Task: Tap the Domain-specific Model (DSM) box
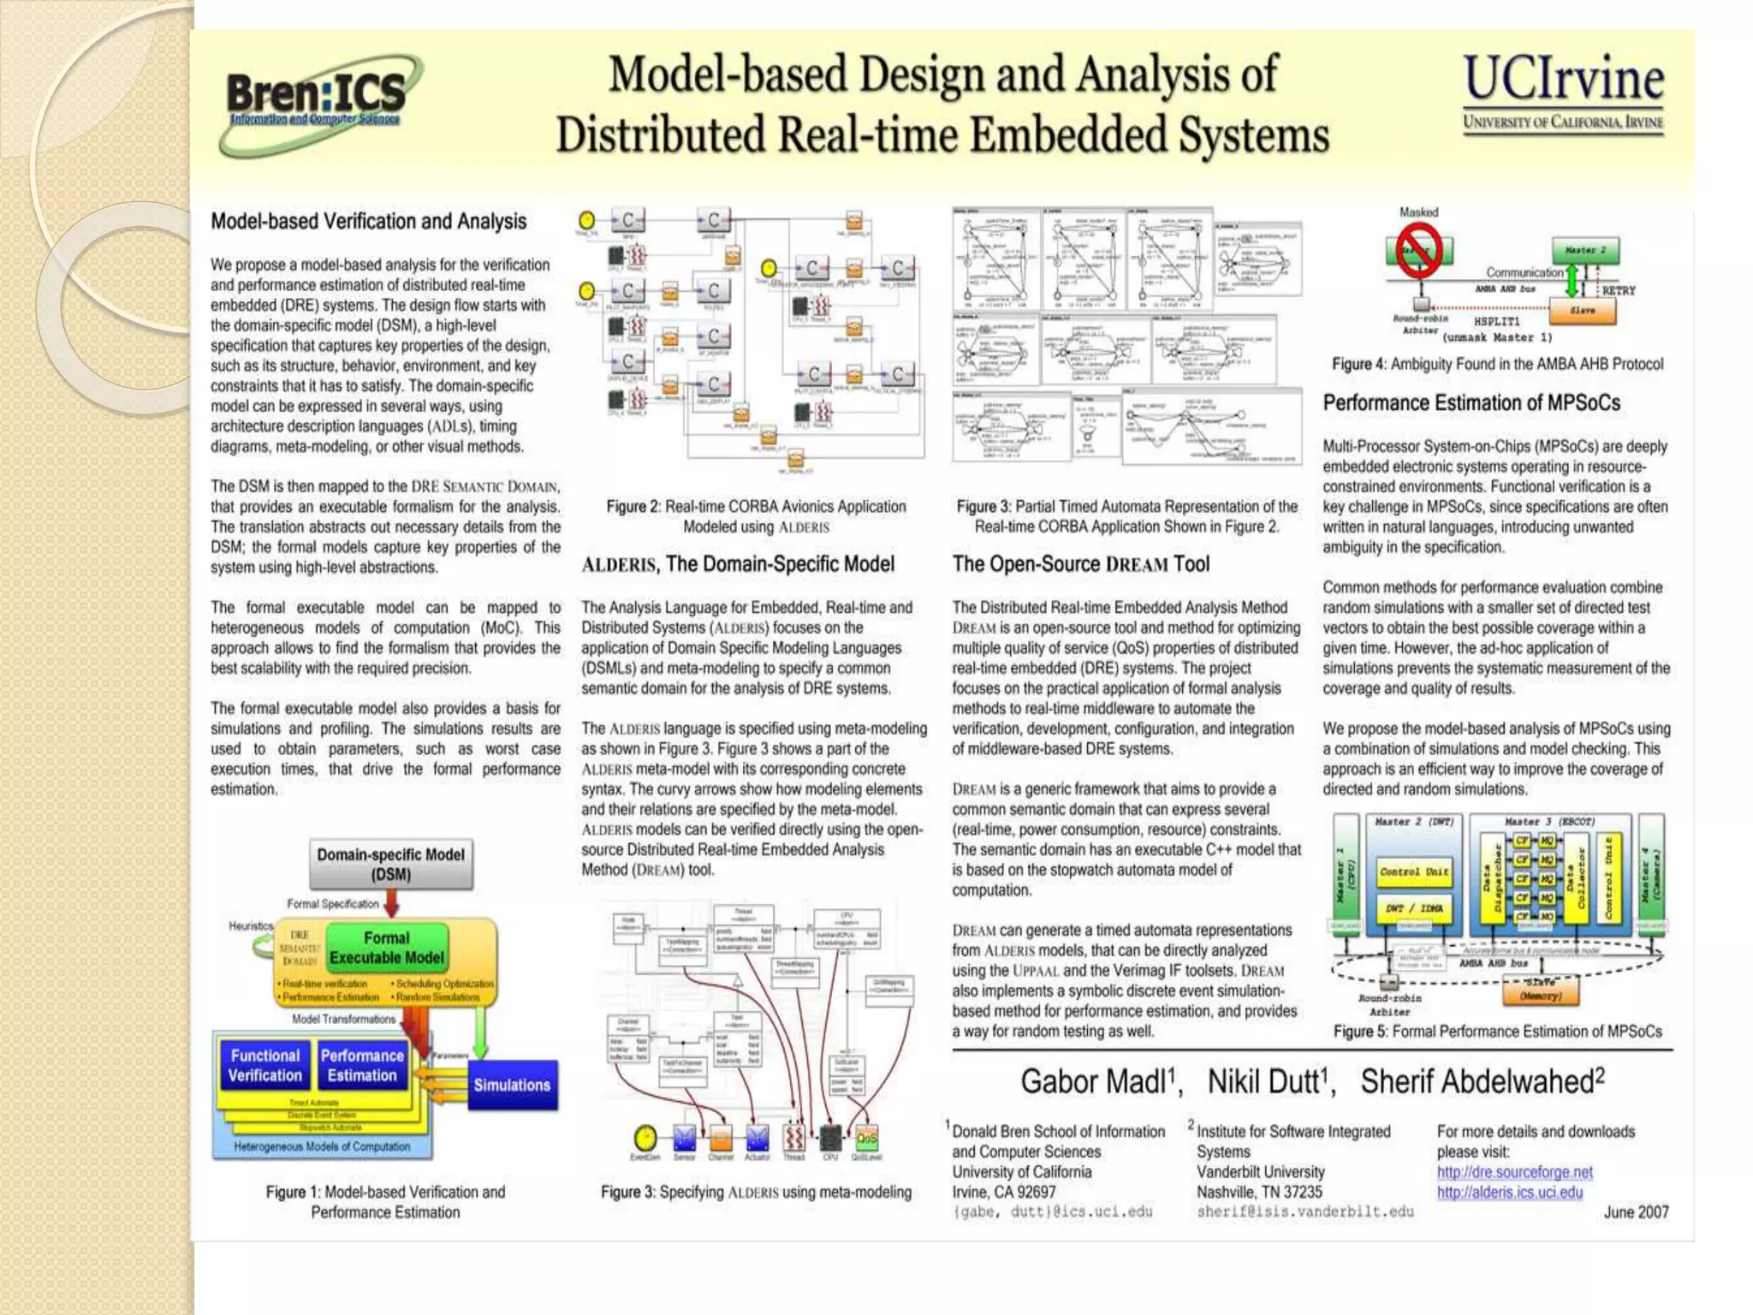pyautogui.click(x=390, y=865)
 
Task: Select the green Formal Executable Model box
pyautogui.click(x=386, y=948)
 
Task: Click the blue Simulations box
pyautogui.click(x=512, y=1085)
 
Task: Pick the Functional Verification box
pyautogui.click(x=265, y=1066)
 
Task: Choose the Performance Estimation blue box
pyautogui.click(x=362, y=1066)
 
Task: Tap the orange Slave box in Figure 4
pyautogui.click(x=1582, y=311)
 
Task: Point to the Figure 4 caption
pyautogui.click(x=1497, y=364)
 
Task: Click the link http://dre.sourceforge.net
pyautogui.click(x=1514, y=1172)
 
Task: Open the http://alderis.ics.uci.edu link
pyautogui.click(x=1509, y=1193)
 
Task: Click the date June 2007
pyautogui.click(x=1636, y=1212)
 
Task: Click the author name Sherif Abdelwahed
pyautogui.click(x=1481, y=1082)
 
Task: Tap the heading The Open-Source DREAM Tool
pyautogui.click(x=1080, y=564)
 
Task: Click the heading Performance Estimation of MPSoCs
pyautogui.click(x=1471, y=403)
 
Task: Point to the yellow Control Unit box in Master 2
pyautogui.click(x=1413, y=872)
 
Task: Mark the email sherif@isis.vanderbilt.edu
pyautogui.click(x=1304, y=1212)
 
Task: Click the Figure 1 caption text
pyautogui.click(x=385, y=1202)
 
